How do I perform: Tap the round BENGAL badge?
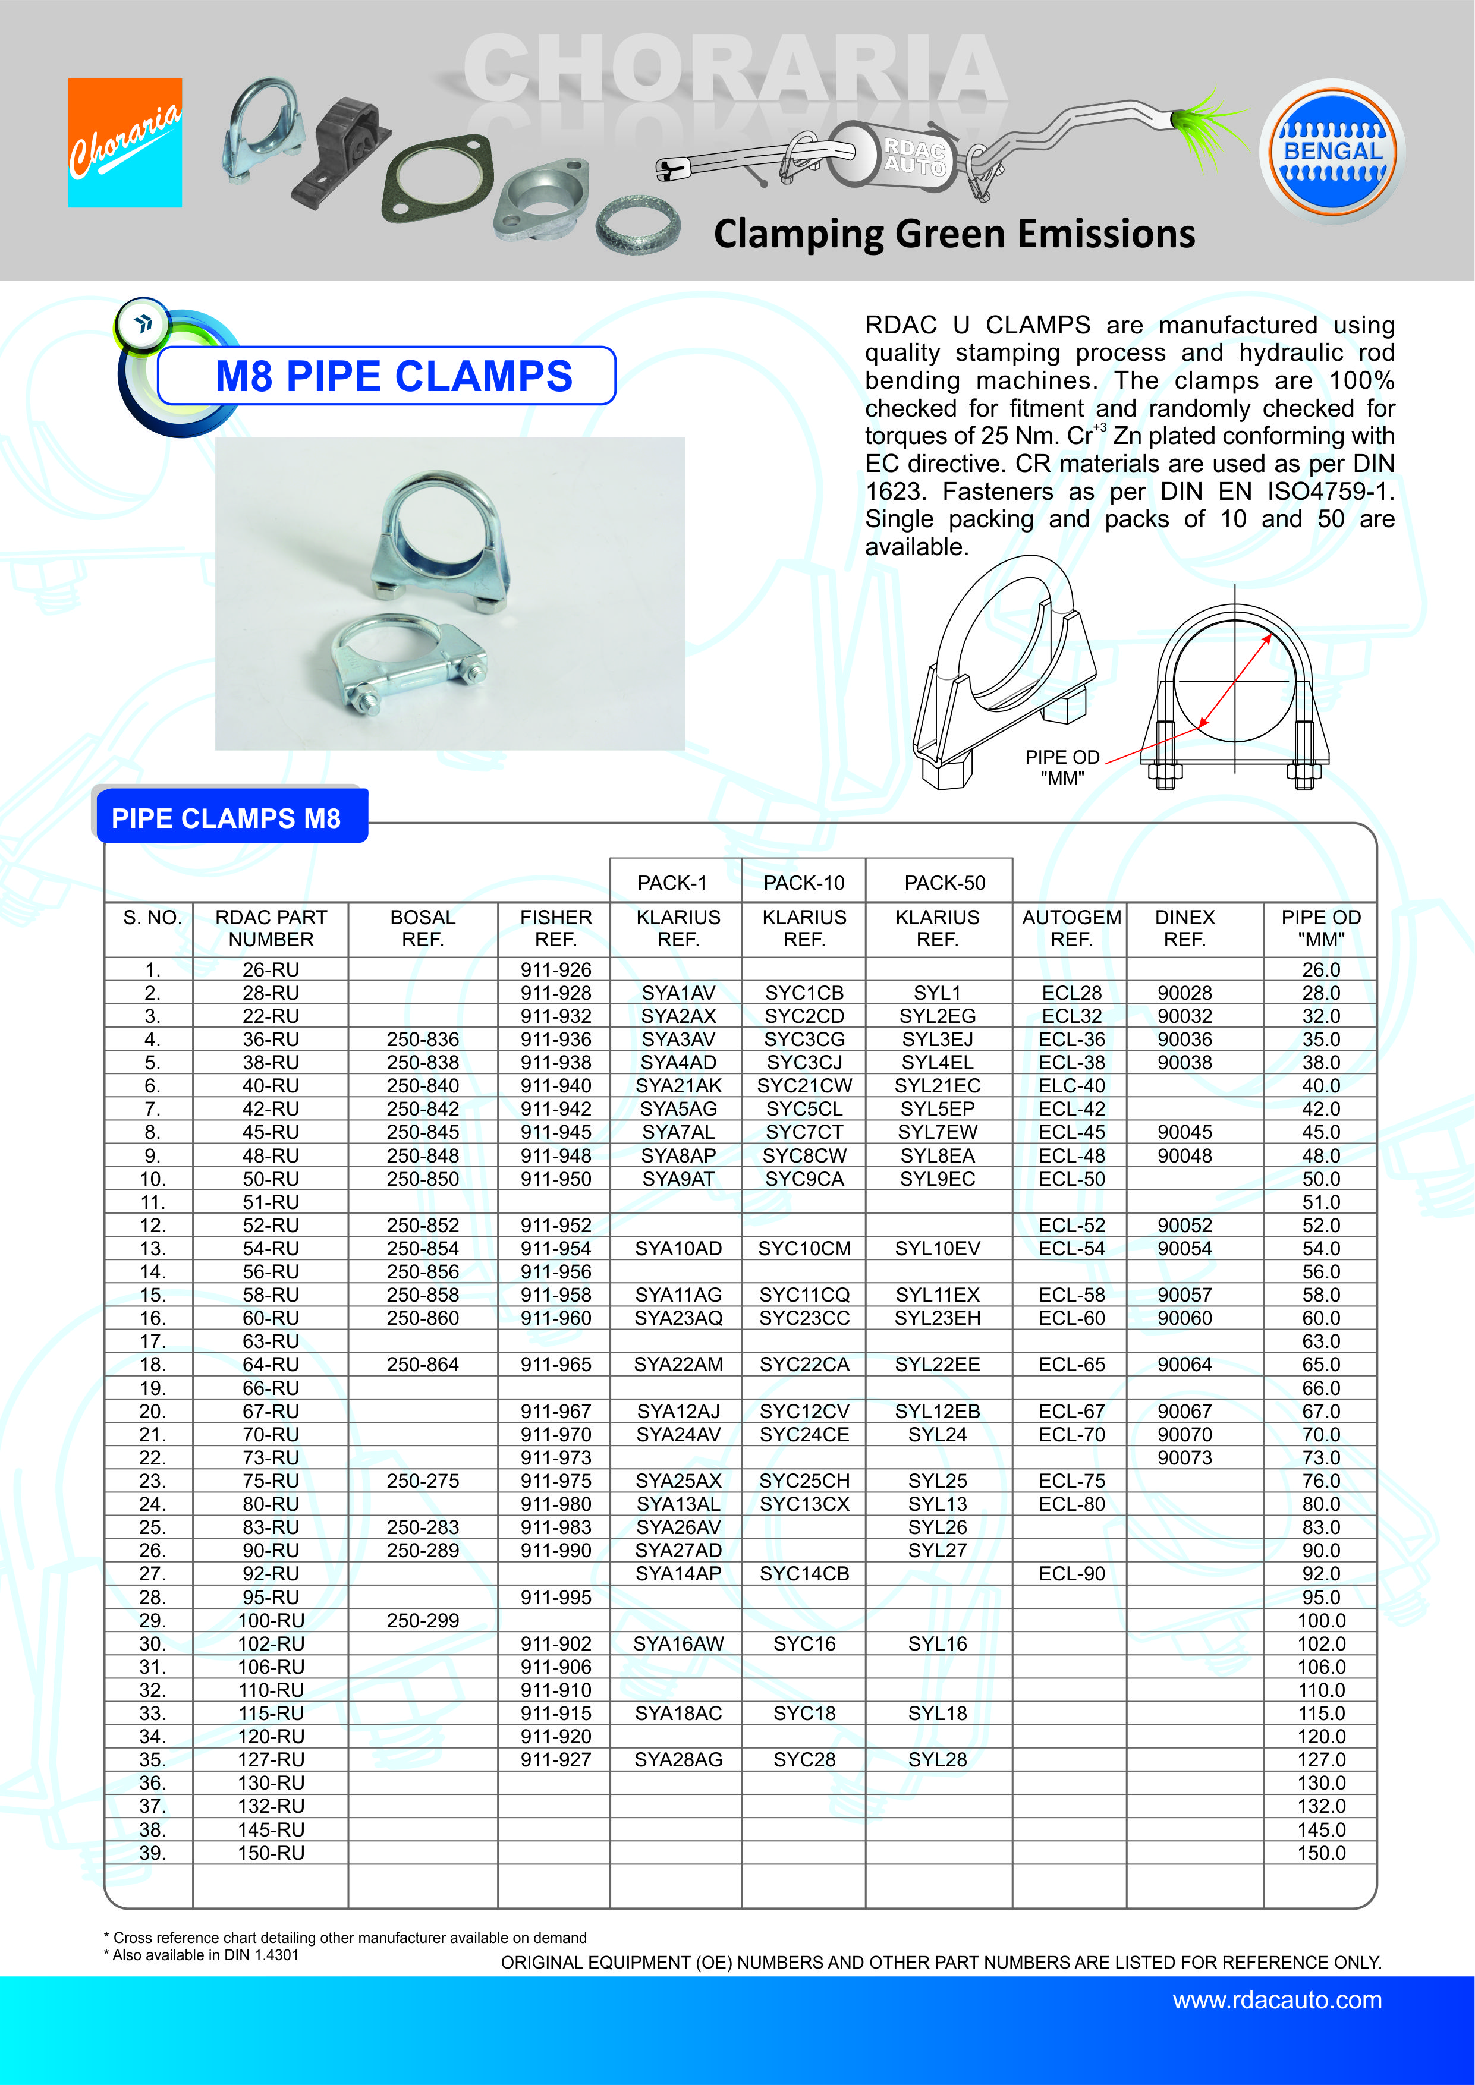[x=1332, y=151]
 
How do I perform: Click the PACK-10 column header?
[x=804, y=883]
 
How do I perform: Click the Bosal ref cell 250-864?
[x=422, y=1365]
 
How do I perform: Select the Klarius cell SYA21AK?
[x=678, y=1086]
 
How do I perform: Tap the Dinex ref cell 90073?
[x=1184, y=1457]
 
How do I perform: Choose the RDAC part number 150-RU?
[x=271, y=1853]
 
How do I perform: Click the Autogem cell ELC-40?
[x=1072, y=1086]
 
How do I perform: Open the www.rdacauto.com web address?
[x=1277, y=2001]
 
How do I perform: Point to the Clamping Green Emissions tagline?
[x=954, y=234]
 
